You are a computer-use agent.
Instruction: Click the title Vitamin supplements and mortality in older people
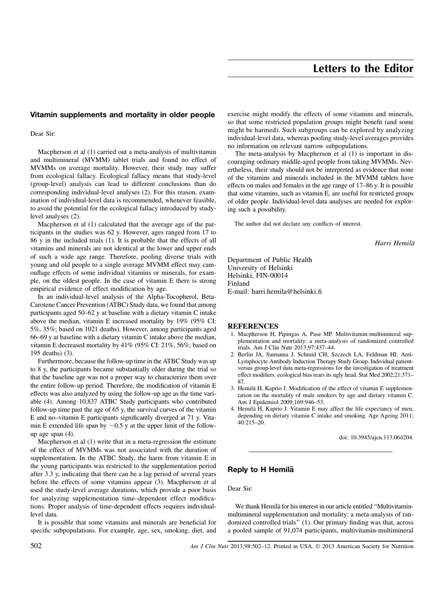(122, 114)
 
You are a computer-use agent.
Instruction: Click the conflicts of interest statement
(298, 223)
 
